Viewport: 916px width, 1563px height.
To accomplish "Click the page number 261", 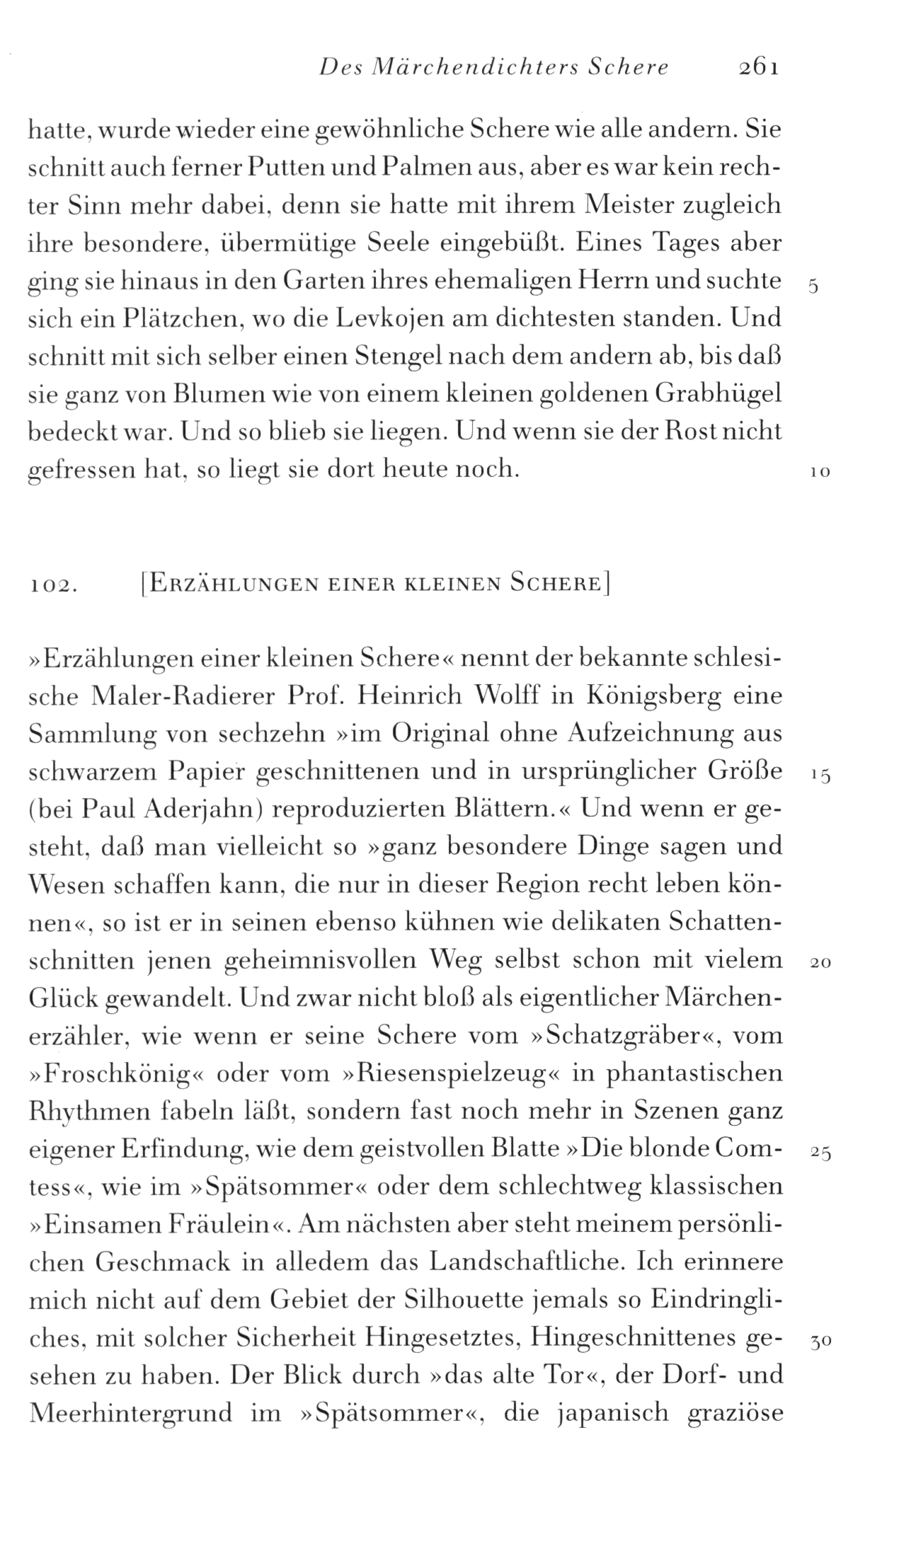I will coord(757,67).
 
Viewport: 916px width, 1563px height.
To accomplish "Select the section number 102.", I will coord(53,586).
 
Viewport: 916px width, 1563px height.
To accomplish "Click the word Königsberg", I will coord(653,696).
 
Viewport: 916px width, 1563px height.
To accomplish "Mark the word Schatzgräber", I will coord(624,1036).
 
